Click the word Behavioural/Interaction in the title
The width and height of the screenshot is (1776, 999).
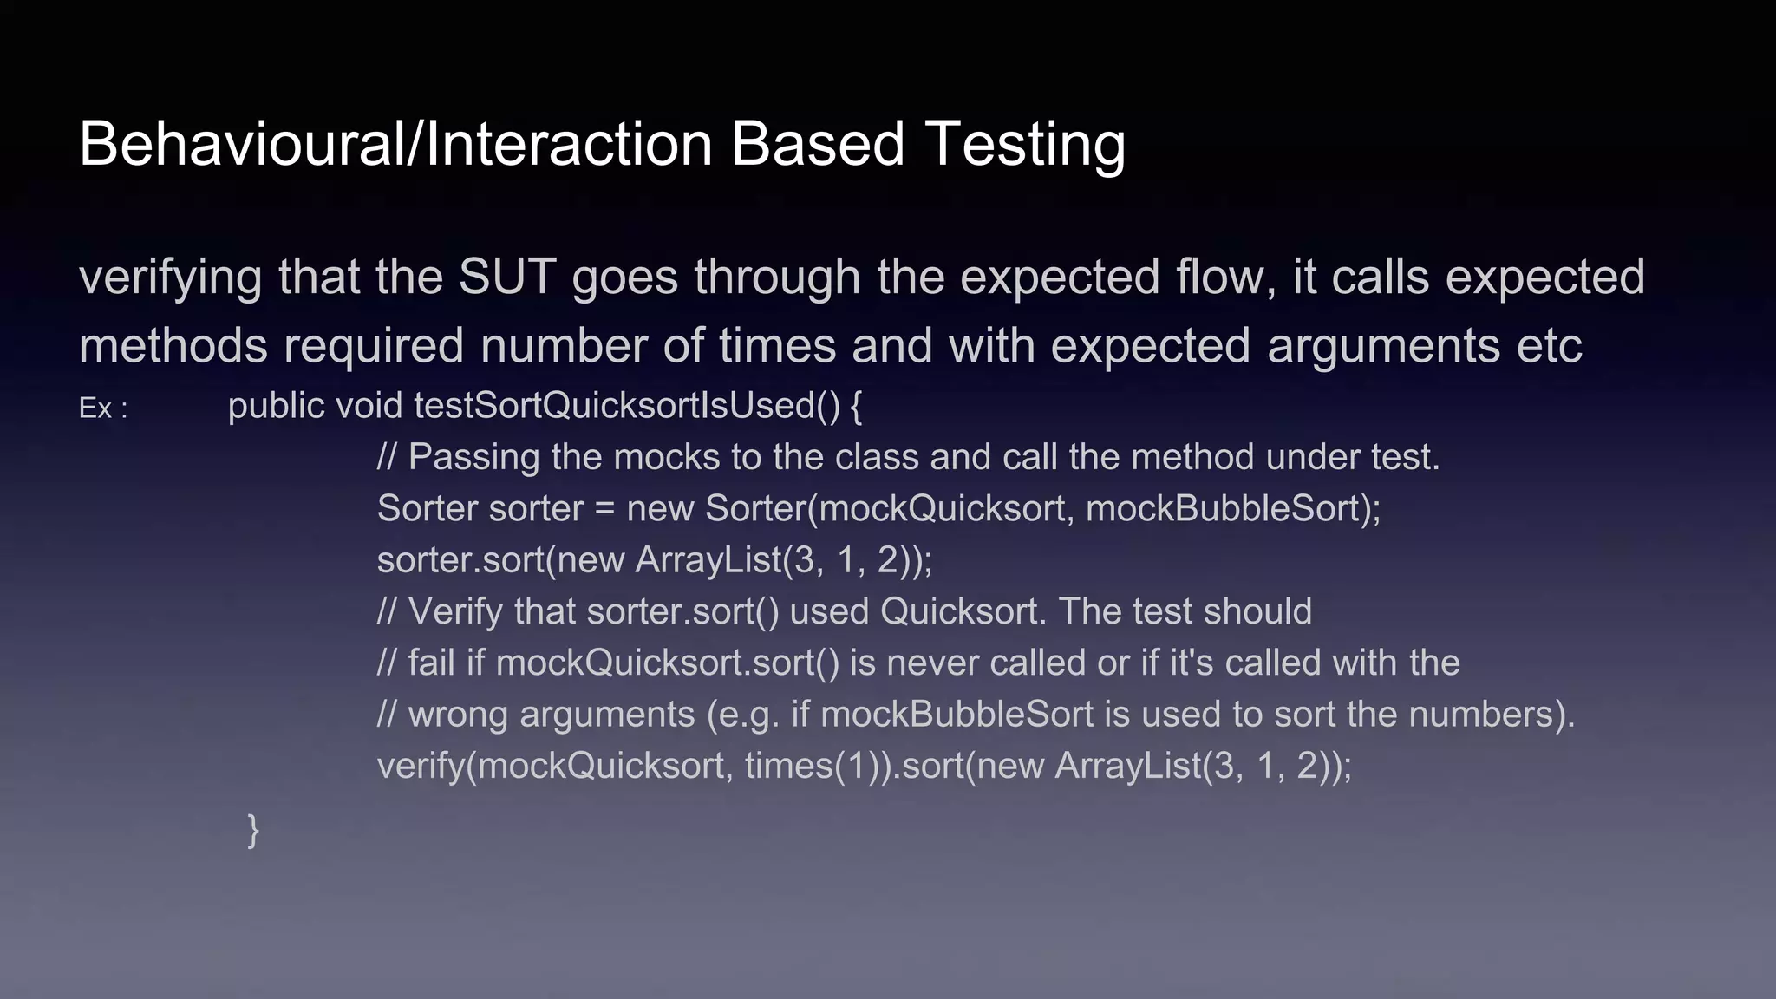tap(395, 144)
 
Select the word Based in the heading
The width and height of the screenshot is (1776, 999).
tap(818, 144)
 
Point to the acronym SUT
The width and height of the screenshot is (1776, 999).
tap(507, 277)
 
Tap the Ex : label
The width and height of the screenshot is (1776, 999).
tap(103, 408)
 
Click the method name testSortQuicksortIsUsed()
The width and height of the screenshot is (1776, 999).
tap(627, 406)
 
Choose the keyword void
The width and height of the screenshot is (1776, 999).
tap(369, 406)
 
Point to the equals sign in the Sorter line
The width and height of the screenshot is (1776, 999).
tap(604, 509)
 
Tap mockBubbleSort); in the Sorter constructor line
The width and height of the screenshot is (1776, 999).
tap(1232, 508)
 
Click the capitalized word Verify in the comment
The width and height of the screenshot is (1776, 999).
tap(455, 611)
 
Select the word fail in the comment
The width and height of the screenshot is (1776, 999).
tap(431, 663)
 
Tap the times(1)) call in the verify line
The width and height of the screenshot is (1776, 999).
tap(818, 766)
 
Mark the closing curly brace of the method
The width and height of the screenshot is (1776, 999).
tap(253, 830)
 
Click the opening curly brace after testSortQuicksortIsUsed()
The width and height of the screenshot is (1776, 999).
tap(856, 406)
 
